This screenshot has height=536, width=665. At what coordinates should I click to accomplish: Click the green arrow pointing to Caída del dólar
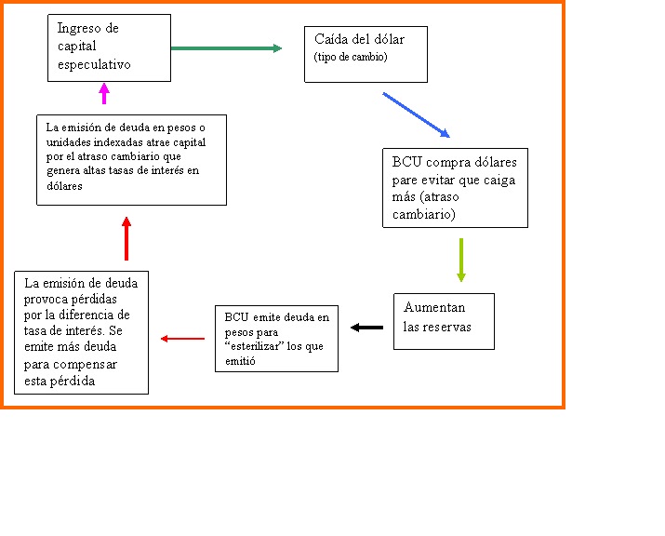pyautogui.click(x=226, y=48)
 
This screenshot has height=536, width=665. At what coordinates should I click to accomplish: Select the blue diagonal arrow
pyautogui.click(x=416, y=115)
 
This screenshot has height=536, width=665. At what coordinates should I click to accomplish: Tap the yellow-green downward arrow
pyautogui.click(x=460, y=260)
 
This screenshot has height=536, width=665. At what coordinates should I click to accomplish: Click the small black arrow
pyautogui.click(x=366, y=327)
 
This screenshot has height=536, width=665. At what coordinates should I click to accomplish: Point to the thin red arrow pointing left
pyautogui.click(x=182, y=339)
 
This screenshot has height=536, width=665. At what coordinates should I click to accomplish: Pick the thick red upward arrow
pyautogui.click(x=126, y=238)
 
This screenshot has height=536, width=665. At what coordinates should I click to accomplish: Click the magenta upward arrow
pyautogui.click(x=104, y=93)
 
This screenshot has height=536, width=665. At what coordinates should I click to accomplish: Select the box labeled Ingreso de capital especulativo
pyautogui.click(x=109, y=47)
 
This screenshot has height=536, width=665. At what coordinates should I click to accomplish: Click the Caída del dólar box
pyautogui.click(x=366, y=54)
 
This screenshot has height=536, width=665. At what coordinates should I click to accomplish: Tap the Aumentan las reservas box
pyautogui.click(x=444, y=321)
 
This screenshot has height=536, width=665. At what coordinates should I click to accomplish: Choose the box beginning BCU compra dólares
pyautogui.click(x=455, y=187)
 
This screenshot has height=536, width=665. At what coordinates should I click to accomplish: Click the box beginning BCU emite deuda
pyautogui.click(x=276, y=339)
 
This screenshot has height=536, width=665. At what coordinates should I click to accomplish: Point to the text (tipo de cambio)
pyautogui.click(x=351, y=58)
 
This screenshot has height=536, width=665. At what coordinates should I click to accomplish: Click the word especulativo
pyautogui.click(x=94, y=65)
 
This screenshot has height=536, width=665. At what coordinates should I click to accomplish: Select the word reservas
pyautogui.click(x=449, y=327)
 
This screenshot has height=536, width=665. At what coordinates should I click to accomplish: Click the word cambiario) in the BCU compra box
pyautogui.click(x=424, y=214)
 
